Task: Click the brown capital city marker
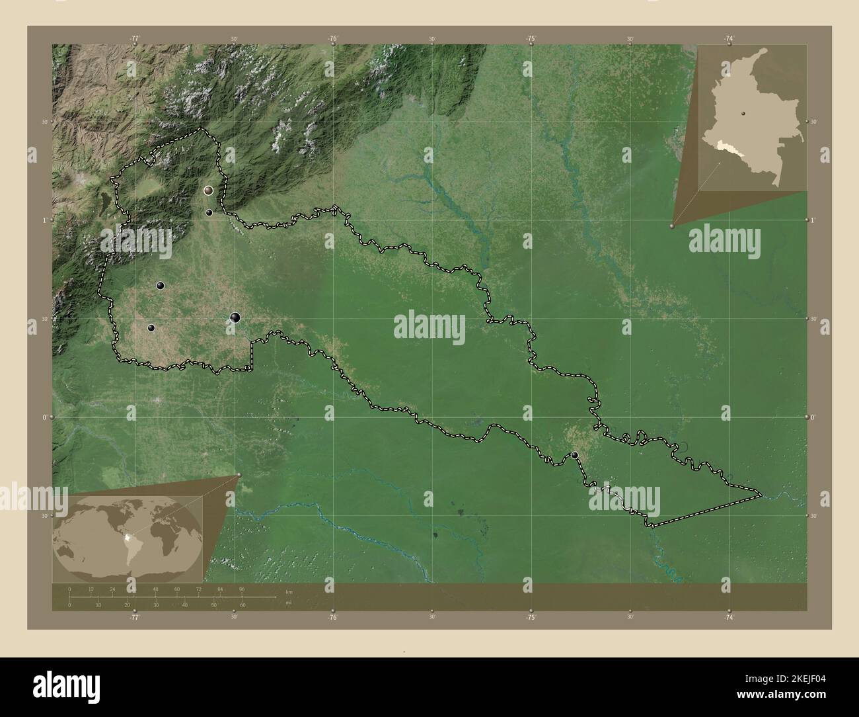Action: tap(209, 190)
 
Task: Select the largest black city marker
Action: tap(235, 317)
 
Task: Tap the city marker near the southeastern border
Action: tap(576, 455)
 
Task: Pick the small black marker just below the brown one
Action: tap(209, 212)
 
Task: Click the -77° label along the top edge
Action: tap(135, 38)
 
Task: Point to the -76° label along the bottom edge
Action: tap(332, 616)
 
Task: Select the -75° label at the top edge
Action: tap(531, 38)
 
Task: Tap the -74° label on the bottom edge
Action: tap(728, 616)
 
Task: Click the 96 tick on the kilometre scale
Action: tap(242, 589)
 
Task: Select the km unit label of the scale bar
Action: tap(288, 591)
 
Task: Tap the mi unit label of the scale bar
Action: tap(288, 603)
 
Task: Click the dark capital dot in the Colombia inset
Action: tap(743, 113)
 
